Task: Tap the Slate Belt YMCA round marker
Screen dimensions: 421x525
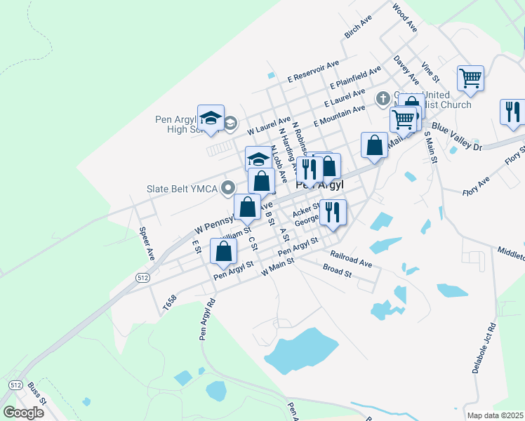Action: pos(227,188)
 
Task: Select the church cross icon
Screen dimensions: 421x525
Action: pos(383,98)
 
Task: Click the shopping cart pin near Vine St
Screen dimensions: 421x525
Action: pos(470,78)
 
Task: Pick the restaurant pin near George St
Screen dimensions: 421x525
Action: pos(333,212)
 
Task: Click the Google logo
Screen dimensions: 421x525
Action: pos(23,412)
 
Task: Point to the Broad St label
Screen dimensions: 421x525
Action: pos(337,270)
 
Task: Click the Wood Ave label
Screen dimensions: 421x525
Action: pos(406,18)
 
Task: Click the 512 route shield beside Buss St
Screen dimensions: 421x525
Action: pos(15,385)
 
